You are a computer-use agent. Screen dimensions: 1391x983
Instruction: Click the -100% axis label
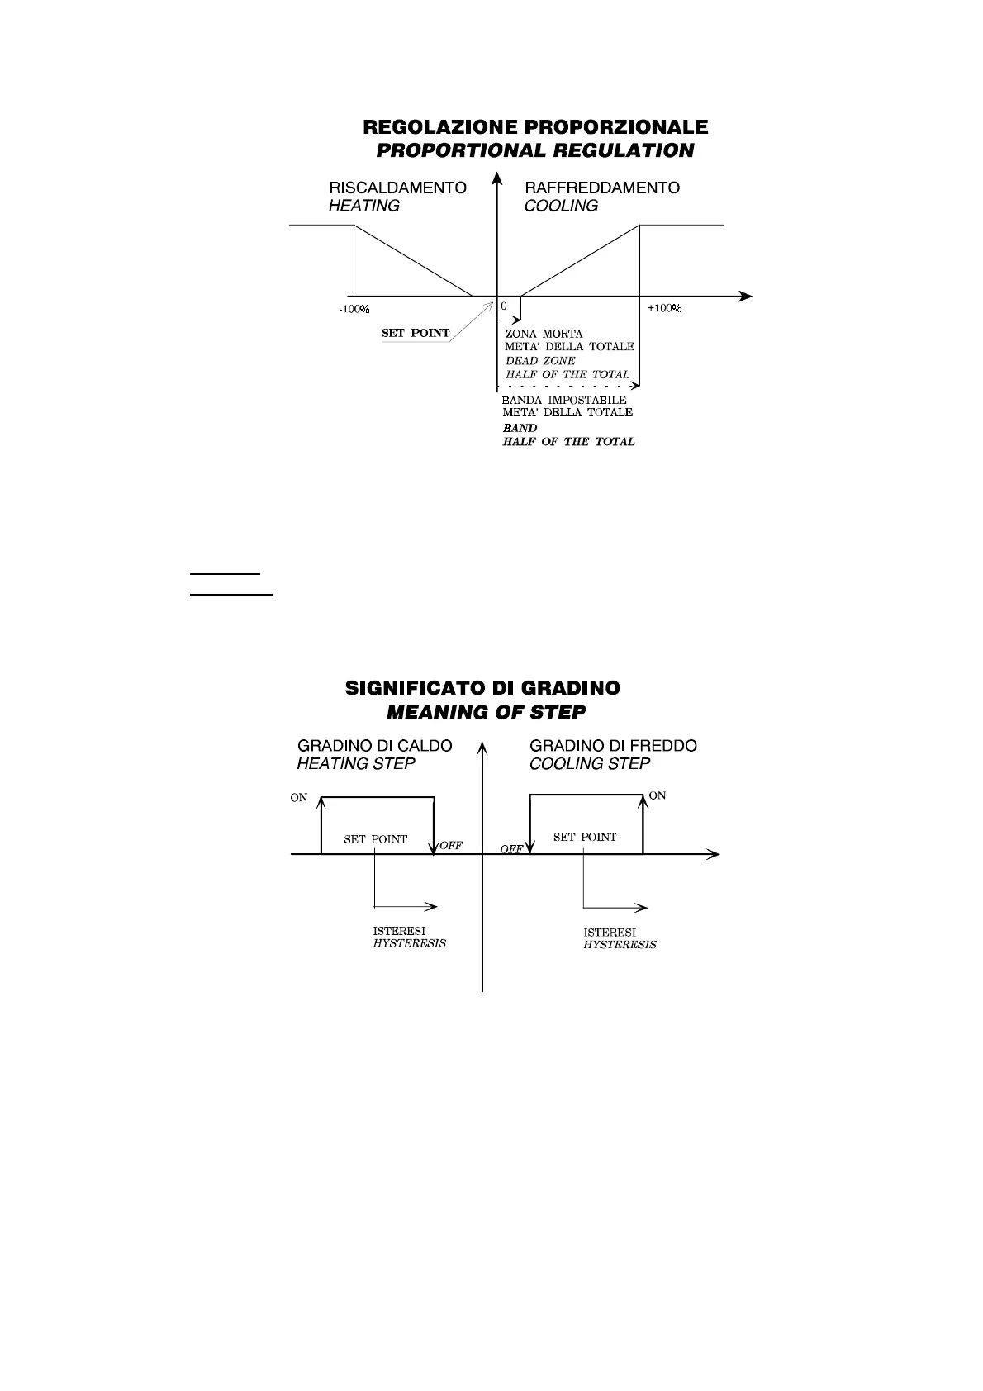[354, 309]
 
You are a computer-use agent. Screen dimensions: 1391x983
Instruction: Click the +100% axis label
[664, 308]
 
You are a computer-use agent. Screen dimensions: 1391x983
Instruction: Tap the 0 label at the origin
[503, 306]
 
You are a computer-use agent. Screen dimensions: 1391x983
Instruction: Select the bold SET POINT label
[416, 334]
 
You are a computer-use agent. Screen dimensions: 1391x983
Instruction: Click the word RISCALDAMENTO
[397, 188]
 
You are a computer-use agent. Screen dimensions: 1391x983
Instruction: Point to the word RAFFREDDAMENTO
[602, 188]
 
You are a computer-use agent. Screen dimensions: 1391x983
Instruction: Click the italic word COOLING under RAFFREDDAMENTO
[561, 206]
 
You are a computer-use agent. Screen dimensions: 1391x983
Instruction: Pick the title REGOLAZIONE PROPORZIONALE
[535, 127]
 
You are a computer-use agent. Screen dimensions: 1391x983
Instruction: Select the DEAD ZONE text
[540, 361]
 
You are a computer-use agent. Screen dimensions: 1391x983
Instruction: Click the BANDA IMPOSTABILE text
[564, 401]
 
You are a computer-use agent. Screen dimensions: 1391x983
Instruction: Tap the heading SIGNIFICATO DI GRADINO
[482, 688]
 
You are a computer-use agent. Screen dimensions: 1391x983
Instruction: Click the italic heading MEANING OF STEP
[486, 712]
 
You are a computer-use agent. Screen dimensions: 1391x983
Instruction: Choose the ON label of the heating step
[299, 798]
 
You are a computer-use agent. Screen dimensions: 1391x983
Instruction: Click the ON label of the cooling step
[658, 795]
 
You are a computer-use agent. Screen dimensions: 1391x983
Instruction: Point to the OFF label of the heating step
[451, 846]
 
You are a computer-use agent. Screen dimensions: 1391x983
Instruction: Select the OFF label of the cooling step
[512, 849]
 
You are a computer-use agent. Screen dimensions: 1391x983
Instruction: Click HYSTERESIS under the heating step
[409, 943]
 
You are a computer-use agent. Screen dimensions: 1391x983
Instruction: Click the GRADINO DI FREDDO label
[613, 746]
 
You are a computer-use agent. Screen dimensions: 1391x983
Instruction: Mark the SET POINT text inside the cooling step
[585, 837]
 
